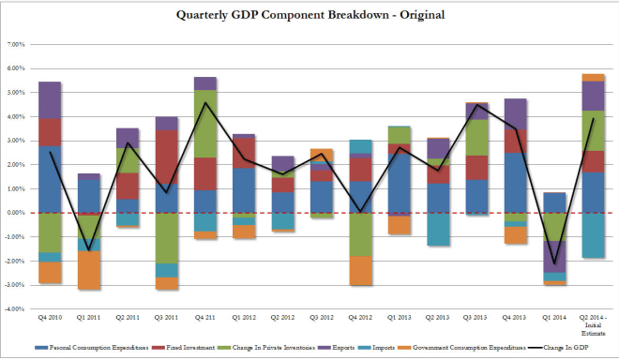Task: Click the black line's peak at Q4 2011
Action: coord(206,103)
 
